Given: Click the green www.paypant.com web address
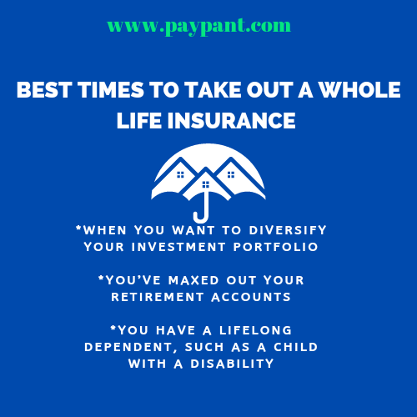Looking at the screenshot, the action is [199, 27].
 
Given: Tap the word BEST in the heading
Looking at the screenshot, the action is [44, 90].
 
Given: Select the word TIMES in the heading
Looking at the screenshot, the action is [111, 90].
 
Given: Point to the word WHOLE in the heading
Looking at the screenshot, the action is [359, 90].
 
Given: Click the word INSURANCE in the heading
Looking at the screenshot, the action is [232, 121].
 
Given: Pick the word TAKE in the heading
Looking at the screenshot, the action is [213, 90].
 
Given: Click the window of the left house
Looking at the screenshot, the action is [180, 174].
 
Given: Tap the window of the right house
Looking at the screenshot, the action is [231, 174].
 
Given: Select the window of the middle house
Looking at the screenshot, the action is [206, 184].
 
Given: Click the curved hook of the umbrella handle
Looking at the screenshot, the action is [201, 219].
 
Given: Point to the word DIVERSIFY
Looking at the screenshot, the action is [288, 230].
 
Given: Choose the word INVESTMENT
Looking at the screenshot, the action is [178, 247].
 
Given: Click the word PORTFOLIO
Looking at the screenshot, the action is [276, 247].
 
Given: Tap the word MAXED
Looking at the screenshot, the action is [193, 280].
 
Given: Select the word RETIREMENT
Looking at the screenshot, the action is [158, 297].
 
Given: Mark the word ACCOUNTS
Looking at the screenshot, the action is [251, 297].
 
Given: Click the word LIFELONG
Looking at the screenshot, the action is [255, 330].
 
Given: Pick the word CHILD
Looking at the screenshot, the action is [296, 347].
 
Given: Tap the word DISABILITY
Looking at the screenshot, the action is [232, 364].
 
